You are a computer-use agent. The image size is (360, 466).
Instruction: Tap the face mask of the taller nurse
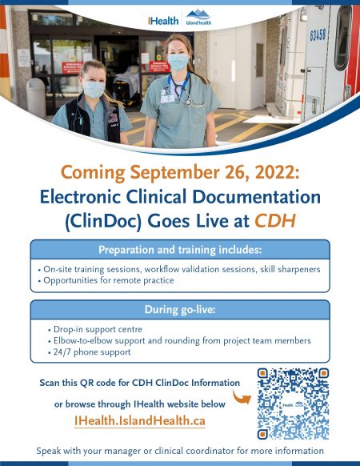coord(178,62)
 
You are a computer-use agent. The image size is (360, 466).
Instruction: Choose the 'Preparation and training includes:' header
coord(179,249)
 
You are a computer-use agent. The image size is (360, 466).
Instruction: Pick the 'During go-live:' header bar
coord(179,309)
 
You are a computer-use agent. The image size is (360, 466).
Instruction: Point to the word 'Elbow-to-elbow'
coord(80,340)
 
